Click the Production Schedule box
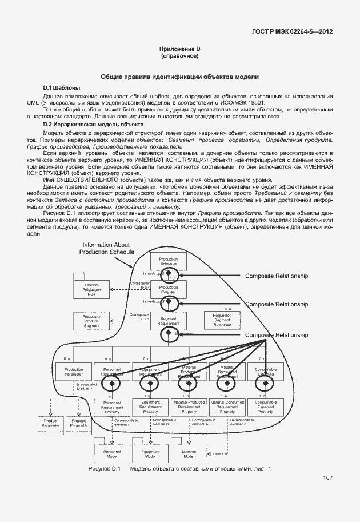(169, 261)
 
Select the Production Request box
(169, 289)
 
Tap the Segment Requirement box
(169, 322)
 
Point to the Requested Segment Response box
(222, 320)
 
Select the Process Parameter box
(79, 423)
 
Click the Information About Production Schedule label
(107, 248)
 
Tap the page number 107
(327, 478)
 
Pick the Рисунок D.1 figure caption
(179, 469)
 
